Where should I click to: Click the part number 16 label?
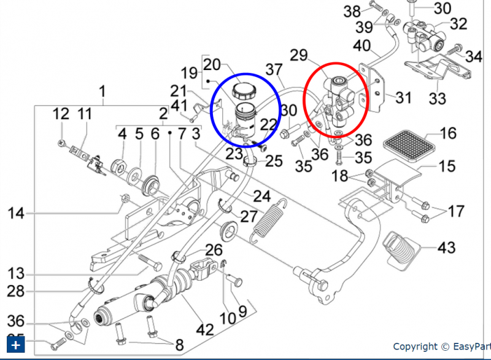pos(449,133)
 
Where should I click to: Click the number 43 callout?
pos(446,248)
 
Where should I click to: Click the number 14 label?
pos(16,214)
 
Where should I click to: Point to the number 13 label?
pos(16,273)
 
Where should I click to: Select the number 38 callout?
pos(352,10)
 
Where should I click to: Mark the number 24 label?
pos(262,196)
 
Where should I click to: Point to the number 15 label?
pos(447,166)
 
